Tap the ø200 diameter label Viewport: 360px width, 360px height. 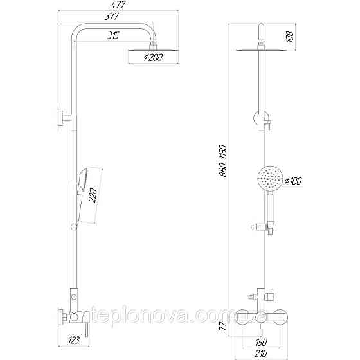(153, 57)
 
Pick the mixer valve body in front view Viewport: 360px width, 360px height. (261, 316)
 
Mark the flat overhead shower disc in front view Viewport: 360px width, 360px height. (261, 48)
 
